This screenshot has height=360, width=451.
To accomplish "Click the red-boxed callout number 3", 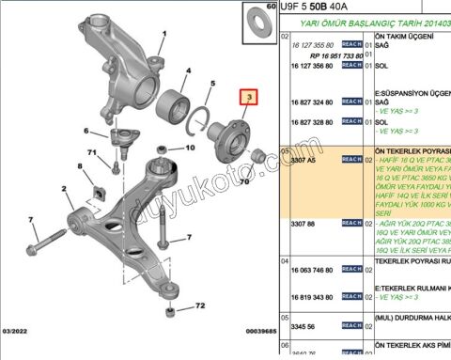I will click(248, 97).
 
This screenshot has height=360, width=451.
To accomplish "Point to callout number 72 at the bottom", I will click(198, 306).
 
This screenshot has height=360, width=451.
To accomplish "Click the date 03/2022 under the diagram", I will click(17, 332).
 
